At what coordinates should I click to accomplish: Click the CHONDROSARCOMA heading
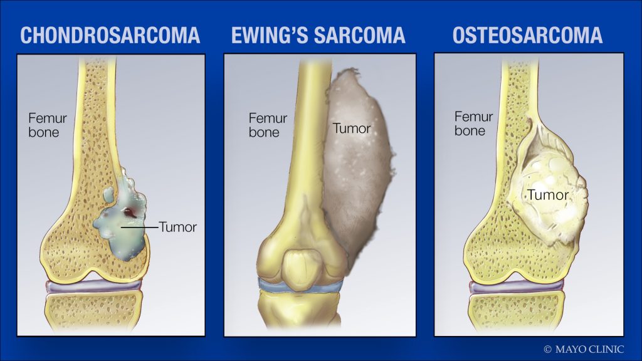point(110,36)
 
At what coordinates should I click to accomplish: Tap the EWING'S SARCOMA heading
point(318,36)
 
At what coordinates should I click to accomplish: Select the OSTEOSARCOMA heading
point(527,36)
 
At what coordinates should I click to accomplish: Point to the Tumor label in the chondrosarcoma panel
point(178,227)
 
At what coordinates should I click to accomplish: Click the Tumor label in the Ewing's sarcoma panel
point(351,128)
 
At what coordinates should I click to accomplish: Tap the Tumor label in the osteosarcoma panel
point(547,195)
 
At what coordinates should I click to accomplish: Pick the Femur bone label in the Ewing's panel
point(268,124)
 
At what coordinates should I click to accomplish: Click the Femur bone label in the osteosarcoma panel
point(473,123)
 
